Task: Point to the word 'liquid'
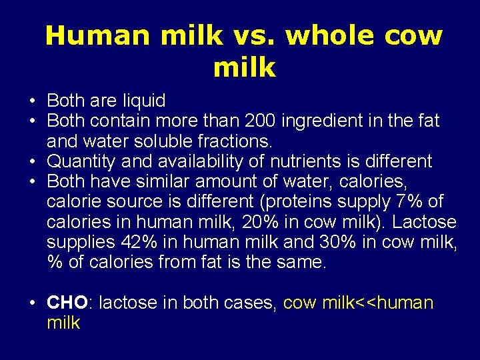(x=143, y=101)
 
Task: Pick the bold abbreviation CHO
(x=67, y=303)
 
